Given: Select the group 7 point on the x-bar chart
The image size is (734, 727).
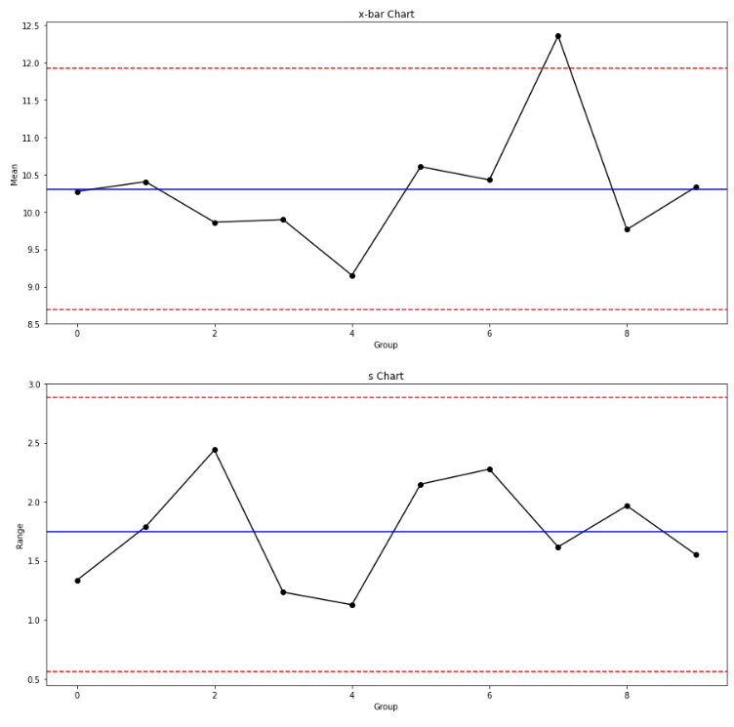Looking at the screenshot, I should pyautogui.click(x=558, y=36).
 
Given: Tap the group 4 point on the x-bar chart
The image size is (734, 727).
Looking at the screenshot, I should pyautogui.click(x=352, y=275).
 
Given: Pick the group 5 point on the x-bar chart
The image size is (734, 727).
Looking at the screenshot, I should pyautogui.click(x=421, y=167).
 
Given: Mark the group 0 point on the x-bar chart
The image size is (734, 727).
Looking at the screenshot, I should pyautogui.click(x=77, y=191).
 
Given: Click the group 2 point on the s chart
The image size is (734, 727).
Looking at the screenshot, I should pyautogui.click(x=215, y=450).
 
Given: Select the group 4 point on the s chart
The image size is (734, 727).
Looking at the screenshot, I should pyautogui.click(x=352, y=605).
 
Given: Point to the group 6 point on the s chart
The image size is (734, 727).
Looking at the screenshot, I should pyautogui.click(x=490, y=469).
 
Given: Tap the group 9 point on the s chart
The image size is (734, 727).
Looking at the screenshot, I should pyautogui.click(x=696, y=554).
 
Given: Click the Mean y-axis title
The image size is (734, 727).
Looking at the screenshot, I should pyautogui.click(x=15, y=174).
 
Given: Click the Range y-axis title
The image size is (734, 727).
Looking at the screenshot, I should pyautogui.click(x=19, y=534).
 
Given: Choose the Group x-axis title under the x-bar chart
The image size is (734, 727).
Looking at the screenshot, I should pyautogui.click(x=386, y=344).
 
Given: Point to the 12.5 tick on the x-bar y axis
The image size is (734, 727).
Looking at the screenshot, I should pyautogui.click(x=29, y=26).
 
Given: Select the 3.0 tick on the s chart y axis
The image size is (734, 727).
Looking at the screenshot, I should pyautogui.click(x=32, y=384).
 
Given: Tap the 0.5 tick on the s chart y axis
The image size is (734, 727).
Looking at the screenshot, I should pyautogui.click(x=32, y=679).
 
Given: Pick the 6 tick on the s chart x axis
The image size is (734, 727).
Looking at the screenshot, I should pyautogui.click(x=490, y=694).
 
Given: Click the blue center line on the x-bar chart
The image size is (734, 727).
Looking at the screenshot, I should pyautogui.click(x=293, y=189).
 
